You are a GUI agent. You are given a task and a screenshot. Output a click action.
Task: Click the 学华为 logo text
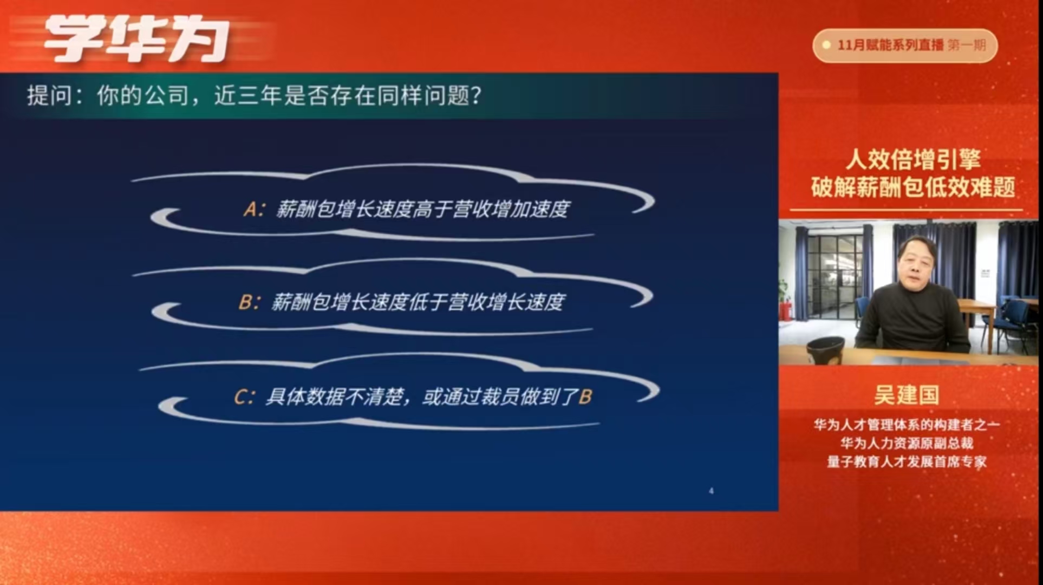[x=136, y=40]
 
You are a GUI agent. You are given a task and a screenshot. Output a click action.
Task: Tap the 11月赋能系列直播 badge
[x=905, y=45]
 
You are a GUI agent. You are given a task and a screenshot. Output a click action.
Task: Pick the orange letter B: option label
[x=250, y=302]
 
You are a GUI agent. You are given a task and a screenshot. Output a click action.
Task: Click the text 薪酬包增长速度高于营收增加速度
[x=422, y=209]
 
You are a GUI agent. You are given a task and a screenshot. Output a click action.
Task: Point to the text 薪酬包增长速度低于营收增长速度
[x=418, y=302]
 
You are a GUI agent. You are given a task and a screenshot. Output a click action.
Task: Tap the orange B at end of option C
[x=585, y=397]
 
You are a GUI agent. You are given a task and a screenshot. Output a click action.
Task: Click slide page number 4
[x=711, y=491]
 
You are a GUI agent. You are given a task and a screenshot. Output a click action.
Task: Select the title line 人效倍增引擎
[x=913, y=159]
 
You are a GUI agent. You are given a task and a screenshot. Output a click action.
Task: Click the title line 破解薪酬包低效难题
[x=913, y=187]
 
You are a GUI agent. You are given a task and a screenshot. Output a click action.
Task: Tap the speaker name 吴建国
[x=907, y=395]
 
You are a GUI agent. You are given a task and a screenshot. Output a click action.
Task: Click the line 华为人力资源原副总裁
[x=907, y=443]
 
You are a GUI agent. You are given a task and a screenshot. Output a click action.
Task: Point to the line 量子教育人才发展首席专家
[x=907, y=461]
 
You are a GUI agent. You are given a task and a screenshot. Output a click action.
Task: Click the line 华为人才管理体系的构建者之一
[x=907, y=425]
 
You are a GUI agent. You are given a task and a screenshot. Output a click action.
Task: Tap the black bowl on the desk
[x=825, y=349]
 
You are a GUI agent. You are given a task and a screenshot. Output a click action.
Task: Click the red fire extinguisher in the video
[x=784, y=311]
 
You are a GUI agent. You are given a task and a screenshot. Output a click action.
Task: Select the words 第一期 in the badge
[x=967, y=45]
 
